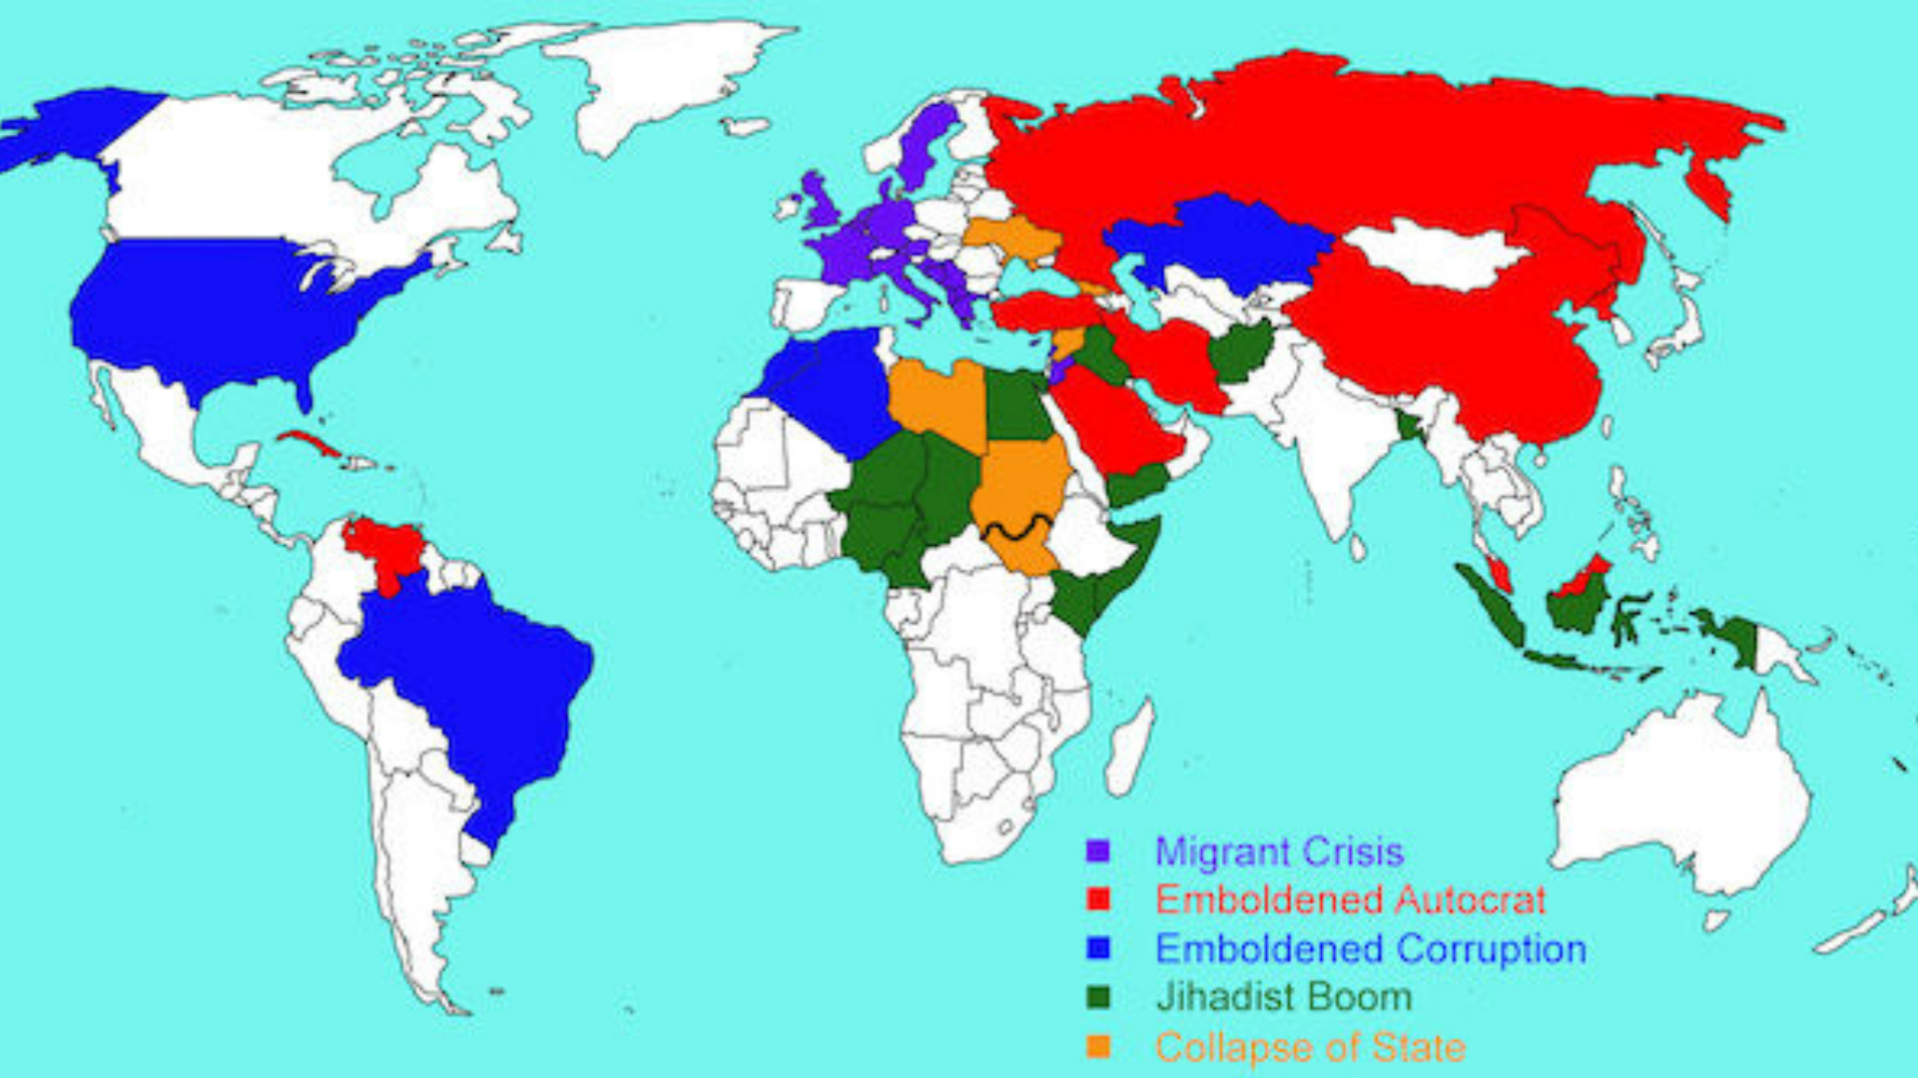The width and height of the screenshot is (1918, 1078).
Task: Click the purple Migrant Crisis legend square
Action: click(x=1098, y=851)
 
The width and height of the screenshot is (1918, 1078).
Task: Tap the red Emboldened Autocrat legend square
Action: click(x=1098, y=899)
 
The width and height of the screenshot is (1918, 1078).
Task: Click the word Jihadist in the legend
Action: click(x=1214, y=997)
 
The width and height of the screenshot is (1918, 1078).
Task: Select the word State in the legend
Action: click(x=1418, y=1047)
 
